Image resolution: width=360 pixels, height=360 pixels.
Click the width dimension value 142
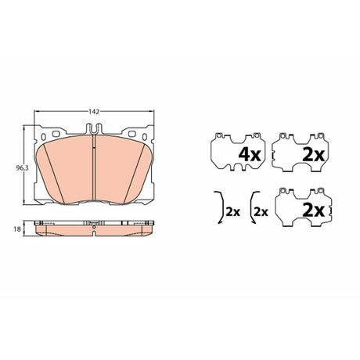(x=94, y=112)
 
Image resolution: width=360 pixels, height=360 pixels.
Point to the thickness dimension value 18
(x=17, y=229)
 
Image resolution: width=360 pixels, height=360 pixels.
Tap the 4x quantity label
(x=250, y=155)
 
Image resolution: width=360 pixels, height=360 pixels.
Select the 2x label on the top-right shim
(x=313, y=155)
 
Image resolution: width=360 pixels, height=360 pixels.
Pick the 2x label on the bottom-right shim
(x=313, y=211)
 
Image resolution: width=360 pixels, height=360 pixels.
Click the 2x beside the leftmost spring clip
(x=232, y=212)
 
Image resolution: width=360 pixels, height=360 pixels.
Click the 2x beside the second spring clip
(x=261, y=212)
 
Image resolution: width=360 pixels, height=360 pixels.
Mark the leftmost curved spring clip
(x=221, y=207)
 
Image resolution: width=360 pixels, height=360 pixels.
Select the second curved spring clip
(x=251, y=207)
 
